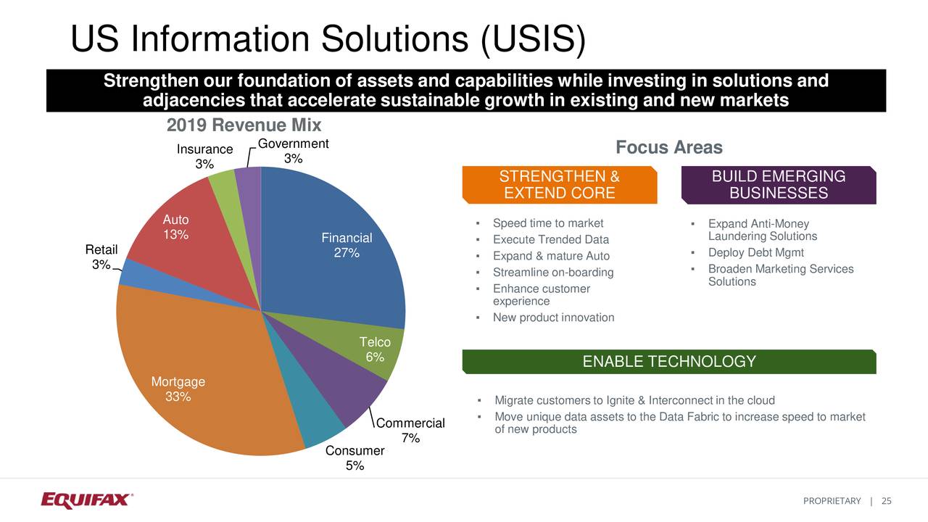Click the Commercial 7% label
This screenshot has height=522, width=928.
click(410, 431)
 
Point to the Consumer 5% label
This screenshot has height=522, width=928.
click(355, 458)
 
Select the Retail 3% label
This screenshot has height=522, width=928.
click(101, 257)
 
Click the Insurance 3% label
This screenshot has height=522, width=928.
click(204, 157)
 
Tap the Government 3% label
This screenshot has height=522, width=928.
click(293, 151)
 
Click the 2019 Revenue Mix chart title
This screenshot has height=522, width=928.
click(244, 125)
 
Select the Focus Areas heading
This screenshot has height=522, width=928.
click(668, 148)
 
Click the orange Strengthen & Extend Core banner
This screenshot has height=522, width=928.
click(559, 185)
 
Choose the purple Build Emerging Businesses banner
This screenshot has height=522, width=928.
click(779, 185)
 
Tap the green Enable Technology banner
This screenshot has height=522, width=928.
click(668, 362)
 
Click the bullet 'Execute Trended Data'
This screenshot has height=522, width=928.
click(550, 240)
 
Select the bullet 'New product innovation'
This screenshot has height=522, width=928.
click(553, 318)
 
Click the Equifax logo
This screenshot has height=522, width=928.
click(86, 500)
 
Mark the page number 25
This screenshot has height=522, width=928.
click(886, 501)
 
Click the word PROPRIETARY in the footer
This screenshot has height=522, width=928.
click(832, 501)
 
